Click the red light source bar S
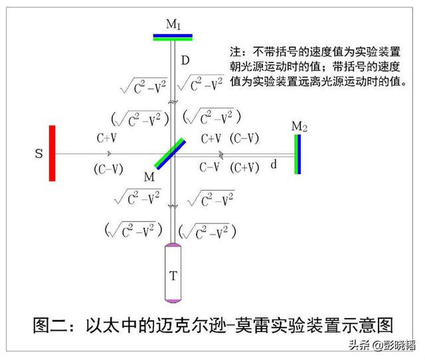52,153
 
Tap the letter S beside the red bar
39,153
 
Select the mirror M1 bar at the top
172,37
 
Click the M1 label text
174,25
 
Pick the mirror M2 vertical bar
297,153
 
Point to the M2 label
299,126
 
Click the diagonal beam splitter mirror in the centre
171,153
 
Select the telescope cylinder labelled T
173,274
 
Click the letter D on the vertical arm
185,61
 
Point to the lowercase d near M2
273,164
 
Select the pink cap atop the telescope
173,247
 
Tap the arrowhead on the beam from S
108,153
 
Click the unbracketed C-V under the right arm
209,167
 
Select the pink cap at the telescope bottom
173,302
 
